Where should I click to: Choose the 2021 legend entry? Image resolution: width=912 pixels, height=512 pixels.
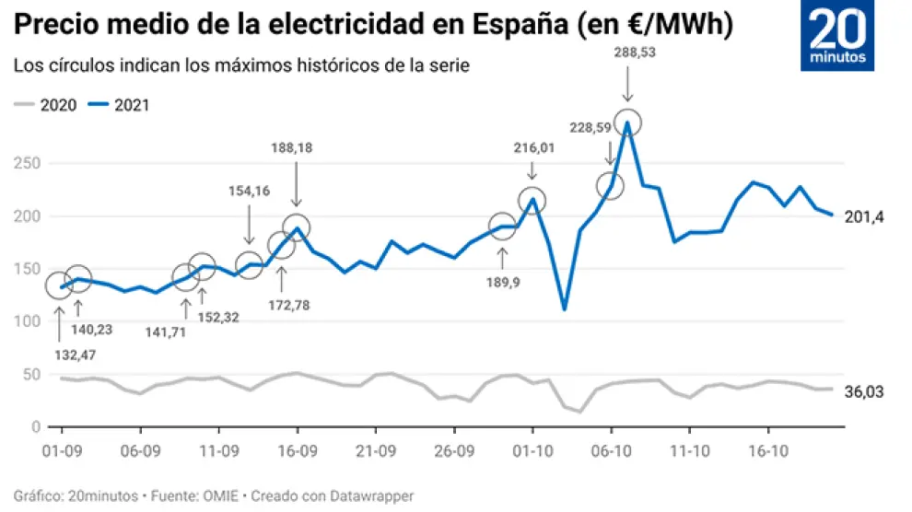120,105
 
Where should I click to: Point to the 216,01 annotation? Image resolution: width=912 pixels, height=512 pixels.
532,146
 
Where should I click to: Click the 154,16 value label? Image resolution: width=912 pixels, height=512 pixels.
249,191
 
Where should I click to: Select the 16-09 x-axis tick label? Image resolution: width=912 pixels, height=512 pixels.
297,452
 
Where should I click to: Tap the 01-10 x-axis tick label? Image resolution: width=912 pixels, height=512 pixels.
532,452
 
